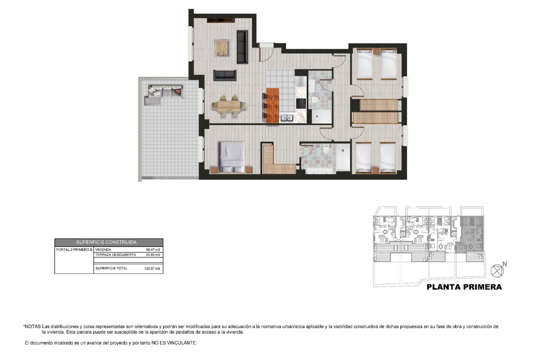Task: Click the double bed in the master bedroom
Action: coord(232,157)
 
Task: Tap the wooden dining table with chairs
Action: coord(229,106)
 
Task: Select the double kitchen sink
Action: coord(287,118)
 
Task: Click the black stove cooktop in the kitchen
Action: coord(301,103)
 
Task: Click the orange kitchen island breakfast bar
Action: coord(273,105)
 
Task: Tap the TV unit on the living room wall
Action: coord(221,20)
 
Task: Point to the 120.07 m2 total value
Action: coord(152,269)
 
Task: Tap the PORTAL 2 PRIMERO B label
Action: coord(74,250)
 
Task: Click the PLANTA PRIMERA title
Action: coord(464,287)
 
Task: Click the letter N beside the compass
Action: coord(505,264)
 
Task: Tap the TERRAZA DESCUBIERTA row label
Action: coord(116,255)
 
